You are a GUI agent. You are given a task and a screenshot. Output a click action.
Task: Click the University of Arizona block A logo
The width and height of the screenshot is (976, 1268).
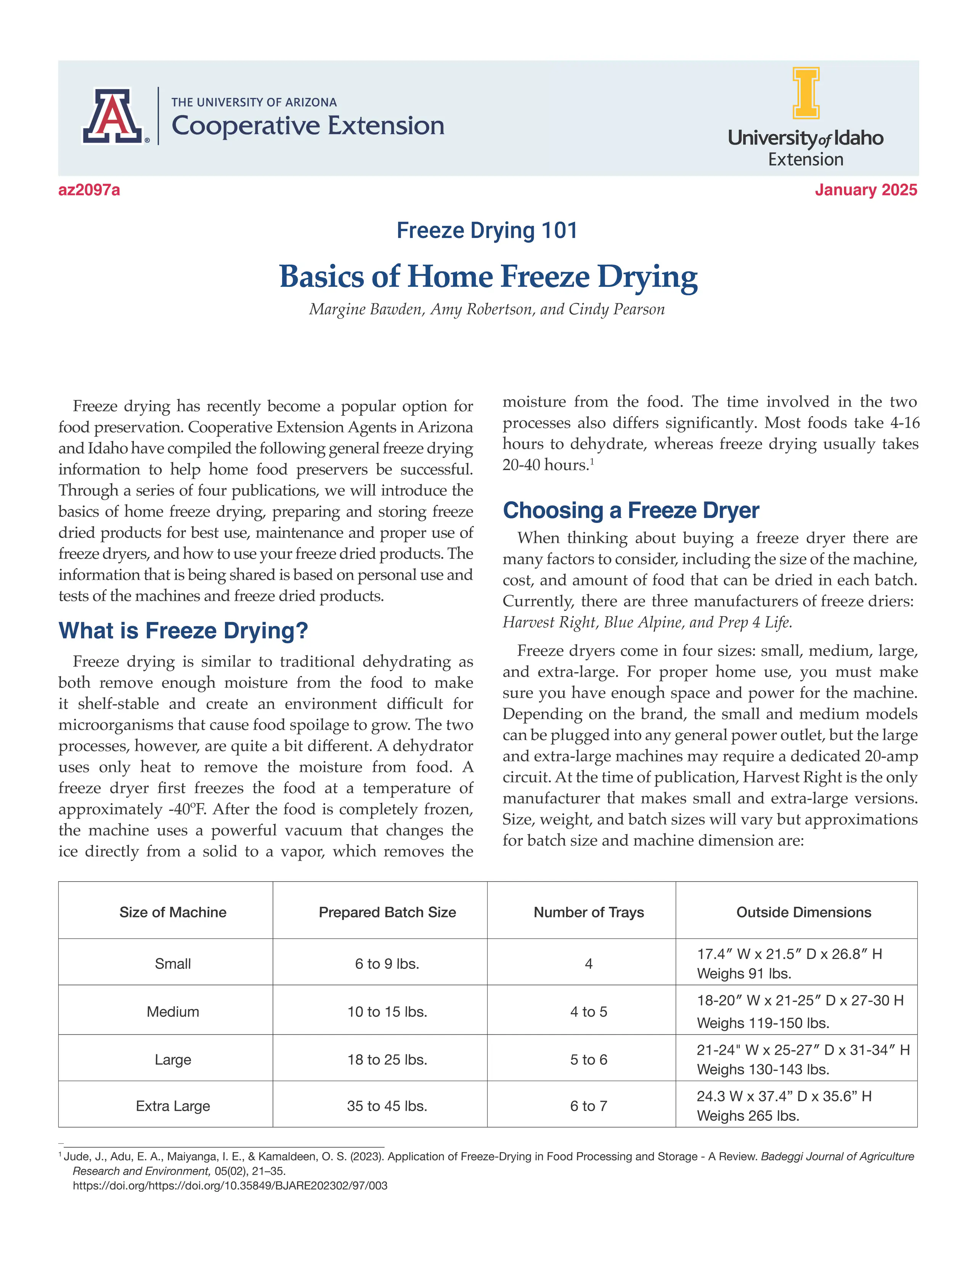pos(112,116)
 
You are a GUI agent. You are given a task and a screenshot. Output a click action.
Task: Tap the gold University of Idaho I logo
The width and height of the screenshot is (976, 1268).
pos(806,93)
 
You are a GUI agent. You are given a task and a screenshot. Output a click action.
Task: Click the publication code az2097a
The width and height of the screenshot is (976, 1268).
pos(89,190)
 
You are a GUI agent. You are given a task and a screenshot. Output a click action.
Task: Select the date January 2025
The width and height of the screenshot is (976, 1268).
pos(865,190)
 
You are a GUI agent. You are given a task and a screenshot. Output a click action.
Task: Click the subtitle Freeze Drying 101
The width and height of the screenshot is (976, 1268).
pos(487,230)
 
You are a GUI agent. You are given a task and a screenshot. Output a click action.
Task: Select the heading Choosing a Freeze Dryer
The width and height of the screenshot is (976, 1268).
pos(630,510)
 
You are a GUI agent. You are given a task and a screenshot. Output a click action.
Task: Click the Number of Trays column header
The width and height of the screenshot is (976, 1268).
pos(588,912)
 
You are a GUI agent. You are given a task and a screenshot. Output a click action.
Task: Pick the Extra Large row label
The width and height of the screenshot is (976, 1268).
pos(173,1106)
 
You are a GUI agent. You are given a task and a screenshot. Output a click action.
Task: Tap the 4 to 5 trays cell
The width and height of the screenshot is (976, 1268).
pos(588,1012)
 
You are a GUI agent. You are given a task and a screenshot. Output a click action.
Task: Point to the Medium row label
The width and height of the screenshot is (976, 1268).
pos(173,1012)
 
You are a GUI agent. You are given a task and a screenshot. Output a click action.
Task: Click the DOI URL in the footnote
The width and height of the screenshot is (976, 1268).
pos(230,1186)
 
